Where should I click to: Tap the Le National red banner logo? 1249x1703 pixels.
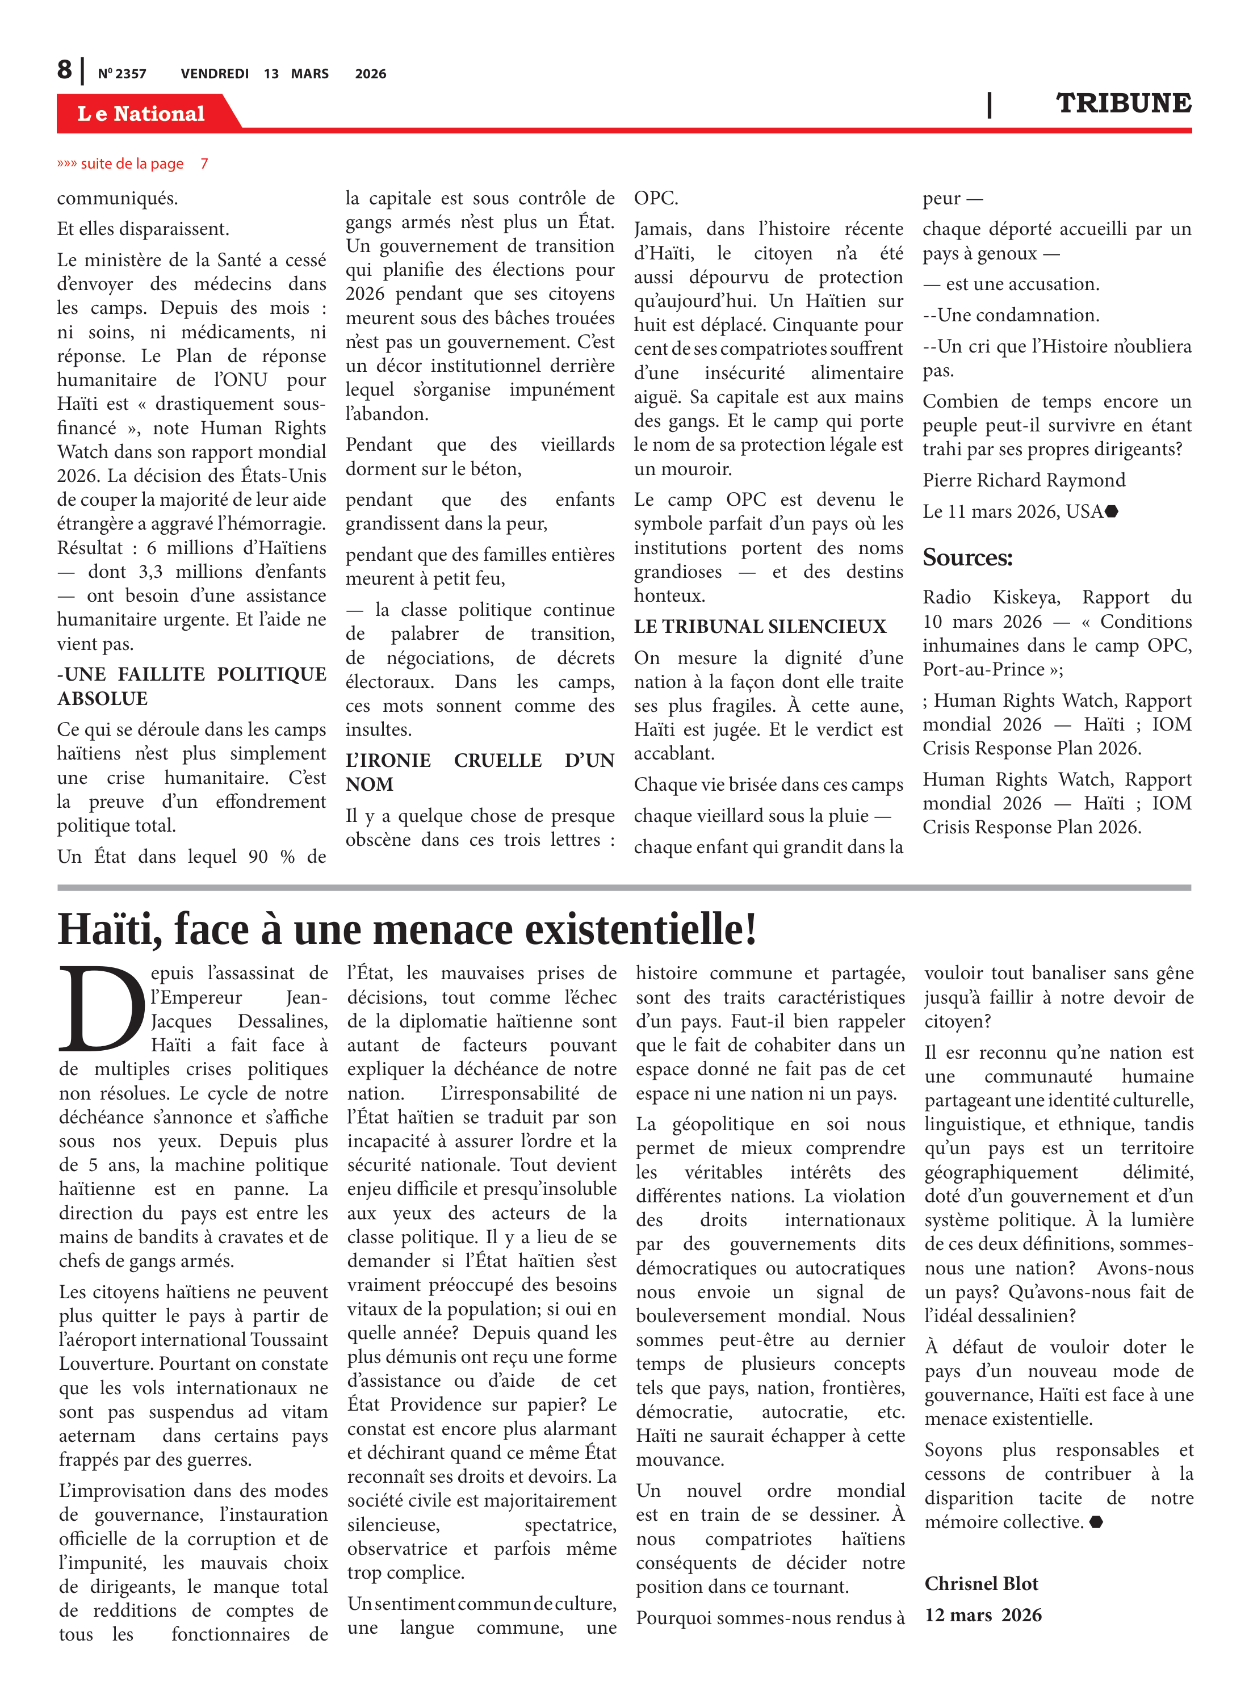point(141,114)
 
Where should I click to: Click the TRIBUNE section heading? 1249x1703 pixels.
point(1123,103)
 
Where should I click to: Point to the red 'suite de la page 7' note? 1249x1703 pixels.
point(133,164)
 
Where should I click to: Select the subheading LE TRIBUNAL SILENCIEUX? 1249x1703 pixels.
point(759,627)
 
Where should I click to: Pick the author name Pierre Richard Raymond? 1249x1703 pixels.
point(1023,481)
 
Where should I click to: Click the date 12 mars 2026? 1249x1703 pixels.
point(982,1616)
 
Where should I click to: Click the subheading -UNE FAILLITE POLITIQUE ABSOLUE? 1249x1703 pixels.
point(191,686)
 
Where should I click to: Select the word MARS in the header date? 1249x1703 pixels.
point(309,74)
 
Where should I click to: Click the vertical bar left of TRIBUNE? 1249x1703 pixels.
point(989,104)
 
